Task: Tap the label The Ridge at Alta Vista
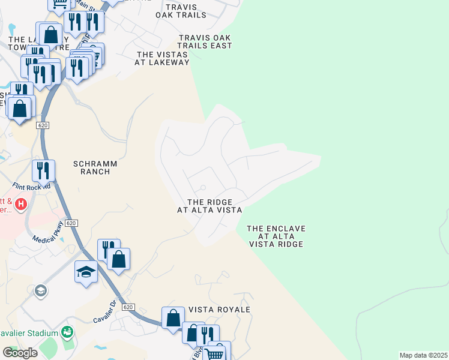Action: click(209, 206)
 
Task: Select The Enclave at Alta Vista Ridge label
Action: click(276, 236)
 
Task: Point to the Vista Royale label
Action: click(219, 309)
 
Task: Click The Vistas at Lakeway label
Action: click(162, 58)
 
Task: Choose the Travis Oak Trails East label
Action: click(205, 41)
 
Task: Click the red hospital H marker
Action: click(22, 205)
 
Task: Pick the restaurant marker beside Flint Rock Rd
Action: click(43, 170)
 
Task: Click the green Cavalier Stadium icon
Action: click(67, 332)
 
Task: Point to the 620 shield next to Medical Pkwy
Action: click(71, 223)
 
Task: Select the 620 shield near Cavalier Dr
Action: click(127, 307)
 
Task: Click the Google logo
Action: click(20, 353)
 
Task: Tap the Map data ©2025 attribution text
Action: click(424, 355)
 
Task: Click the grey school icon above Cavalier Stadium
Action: click(41, 291)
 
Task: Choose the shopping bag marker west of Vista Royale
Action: click(173, 318)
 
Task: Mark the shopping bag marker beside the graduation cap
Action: click(119, 259)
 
